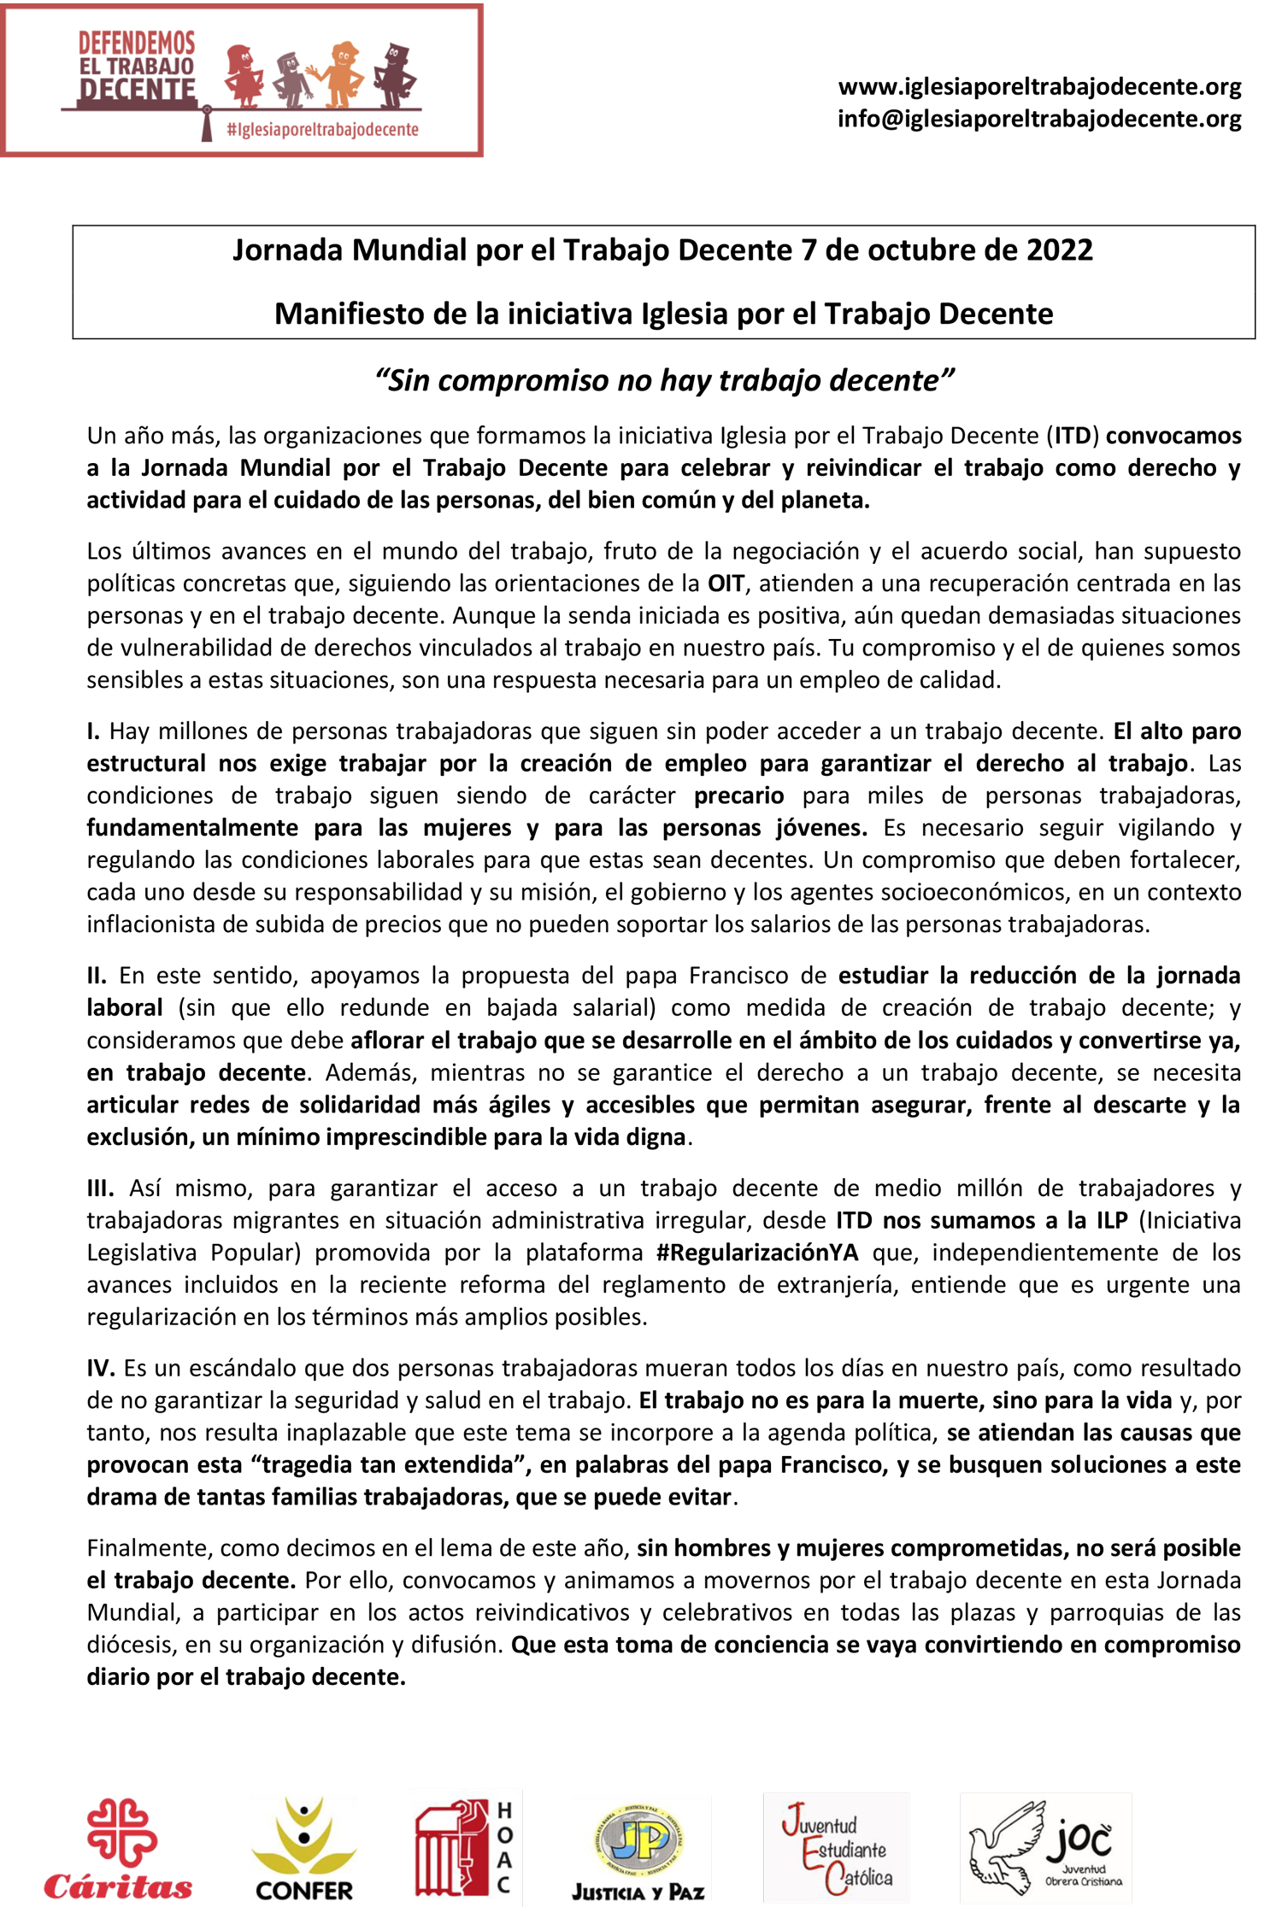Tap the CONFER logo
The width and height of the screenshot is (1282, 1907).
pyautogui.click(x=303, y=1850)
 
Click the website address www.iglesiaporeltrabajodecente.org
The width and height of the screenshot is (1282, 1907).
pyautogui.click(x=1039, y=86)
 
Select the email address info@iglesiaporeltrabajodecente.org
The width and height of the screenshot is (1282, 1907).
pyautogui.click(x=1039, y=119)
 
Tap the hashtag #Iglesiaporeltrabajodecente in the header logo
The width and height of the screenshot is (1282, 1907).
pyautogui.click(x=322, y=130)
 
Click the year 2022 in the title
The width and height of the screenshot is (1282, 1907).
pyautogui.click(x=1059, y=250)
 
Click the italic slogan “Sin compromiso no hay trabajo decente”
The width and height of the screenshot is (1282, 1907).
pyautogui.click(x=664, y=380)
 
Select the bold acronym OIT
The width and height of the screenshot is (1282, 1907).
pyautogui.click(x=726, y=584)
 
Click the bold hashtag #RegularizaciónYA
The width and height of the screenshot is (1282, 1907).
pyautogui.click(x=757, y=1253)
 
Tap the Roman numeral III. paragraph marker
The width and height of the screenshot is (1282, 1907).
pyautogui.click(x=100, y=1188)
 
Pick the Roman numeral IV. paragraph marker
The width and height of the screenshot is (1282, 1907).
pyautogui.click(x=101, y=1368)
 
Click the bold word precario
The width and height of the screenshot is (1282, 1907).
pyautogui.click(x=738, y=795)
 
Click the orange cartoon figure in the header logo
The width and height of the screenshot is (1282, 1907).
pyautogui.click(x=339, y=74)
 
